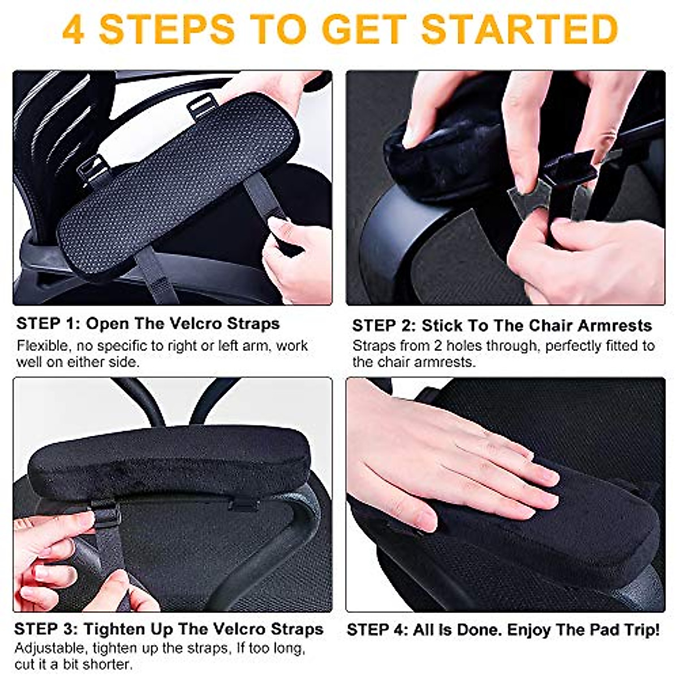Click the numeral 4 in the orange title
pyautogui.click(x=74, y=29)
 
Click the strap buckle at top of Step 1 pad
pyautogui.click(x=201, y=106)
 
